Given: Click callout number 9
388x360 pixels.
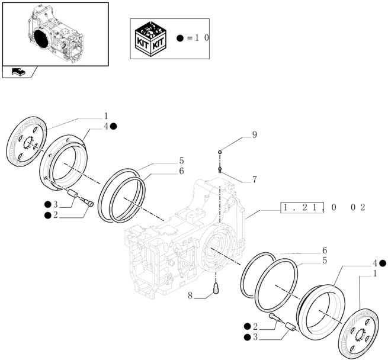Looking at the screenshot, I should [254, 135].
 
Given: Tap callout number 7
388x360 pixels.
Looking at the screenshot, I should [254, 179].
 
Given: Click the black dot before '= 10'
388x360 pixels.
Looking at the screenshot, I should [180, 38].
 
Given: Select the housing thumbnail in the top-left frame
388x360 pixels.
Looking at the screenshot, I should [55, 34].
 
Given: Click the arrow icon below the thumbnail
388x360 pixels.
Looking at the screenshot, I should [18, 72].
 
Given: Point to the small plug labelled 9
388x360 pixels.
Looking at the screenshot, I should [220, 153].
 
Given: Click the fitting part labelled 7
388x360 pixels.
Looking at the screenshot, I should [220, 170].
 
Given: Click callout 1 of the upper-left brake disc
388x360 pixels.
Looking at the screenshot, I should [106, 116].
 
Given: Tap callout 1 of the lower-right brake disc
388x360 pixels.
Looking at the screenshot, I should [374, 274].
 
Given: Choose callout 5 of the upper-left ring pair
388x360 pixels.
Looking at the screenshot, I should [181, 160].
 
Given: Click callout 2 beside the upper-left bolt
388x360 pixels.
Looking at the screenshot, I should [55, 215].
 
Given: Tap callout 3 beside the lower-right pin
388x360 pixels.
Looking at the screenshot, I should [254, 337].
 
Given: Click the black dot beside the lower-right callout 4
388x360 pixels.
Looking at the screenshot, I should [383, 263].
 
